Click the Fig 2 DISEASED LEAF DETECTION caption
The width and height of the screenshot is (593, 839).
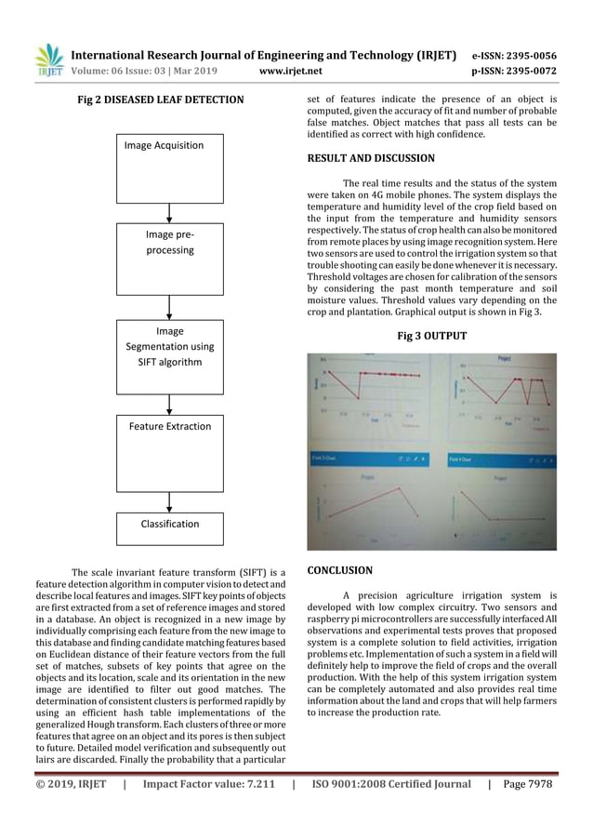point(160,100)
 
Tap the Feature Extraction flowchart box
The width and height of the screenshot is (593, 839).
point(168,454)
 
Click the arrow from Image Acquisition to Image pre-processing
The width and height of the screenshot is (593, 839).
point(168,212)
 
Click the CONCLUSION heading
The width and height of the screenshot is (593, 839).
point(340,570)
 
